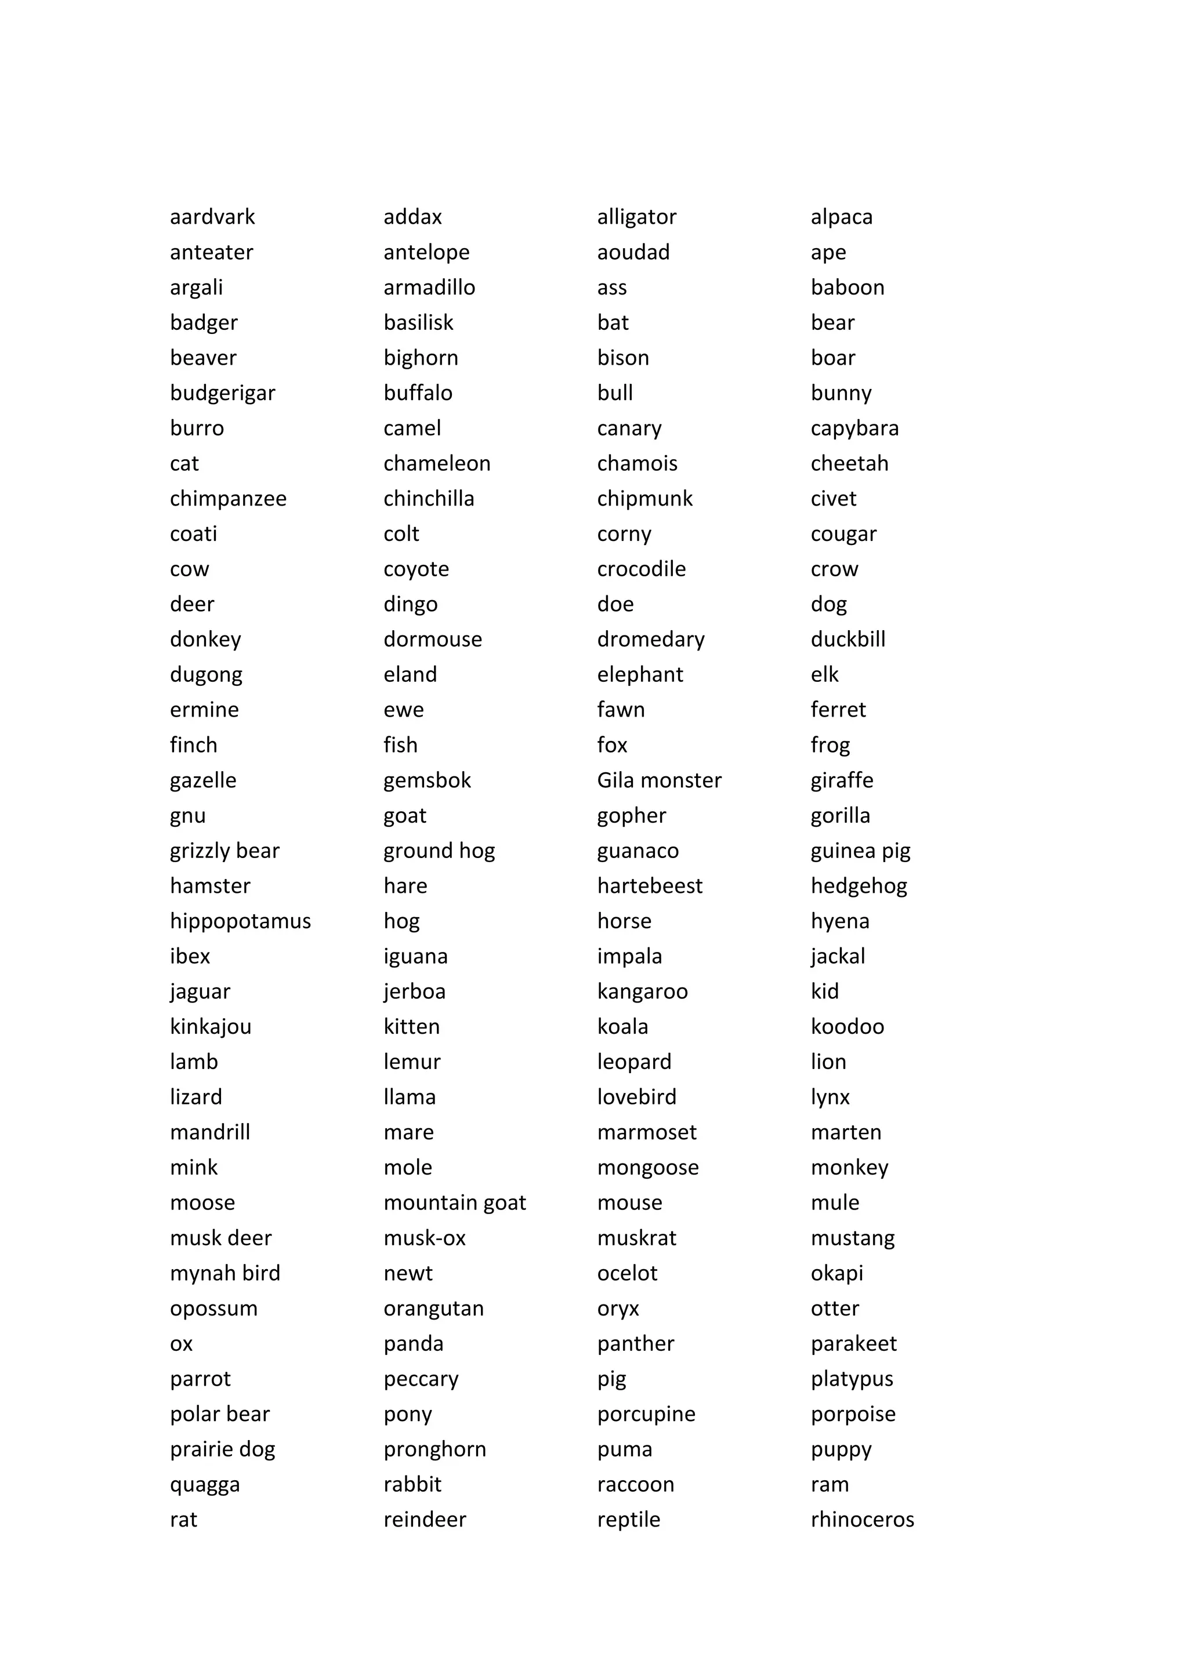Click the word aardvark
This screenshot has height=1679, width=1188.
tap(212, 217)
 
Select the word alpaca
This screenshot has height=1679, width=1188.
tap(841, 217)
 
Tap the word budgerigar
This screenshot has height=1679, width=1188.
tap(222, 394)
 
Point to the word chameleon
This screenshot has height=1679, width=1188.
tap(437, 464)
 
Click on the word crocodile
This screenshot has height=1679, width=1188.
tap(641, 569)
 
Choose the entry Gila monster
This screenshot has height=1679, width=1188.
tap(659, 780)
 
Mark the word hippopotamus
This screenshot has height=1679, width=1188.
tap(240, 921)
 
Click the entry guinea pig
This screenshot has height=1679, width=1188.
tap(860, 851)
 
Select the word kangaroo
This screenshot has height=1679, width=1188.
tap(642, 991)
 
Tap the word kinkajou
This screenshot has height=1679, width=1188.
tap(211, 1027)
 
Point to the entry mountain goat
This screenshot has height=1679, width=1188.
tap(454, 1203)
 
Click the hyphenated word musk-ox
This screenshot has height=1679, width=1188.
tap(424, 1238)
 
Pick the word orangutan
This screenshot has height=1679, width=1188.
tap(433, 1309)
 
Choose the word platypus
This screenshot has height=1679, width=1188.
tap(852, 1379)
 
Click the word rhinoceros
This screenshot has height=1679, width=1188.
tap(862, 1520)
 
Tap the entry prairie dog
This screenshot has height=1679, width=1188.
tap(222, 1449)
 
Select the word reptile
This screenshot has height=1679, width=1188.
tap(628, 1520)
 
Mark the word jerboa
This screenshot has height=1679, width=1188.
tap(414, 991)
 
